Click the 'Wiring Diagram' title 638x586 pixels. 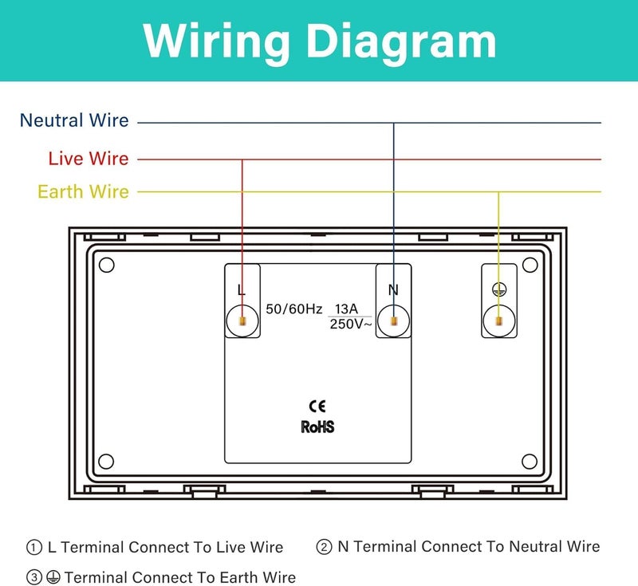(x=320, y=41)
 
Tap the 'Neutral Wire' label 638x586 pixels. (x=74, y=120)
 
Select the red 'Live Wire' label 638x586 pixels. (x=89, y=158)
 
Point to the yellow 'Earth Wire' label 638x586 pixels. (x=84, y=191)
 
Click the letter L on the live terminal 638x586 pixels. (x=242, y=290)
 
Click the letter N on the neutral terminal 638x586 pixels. (x=393, y=290)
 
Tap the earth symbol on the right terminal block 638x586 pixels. (x=499, y=289)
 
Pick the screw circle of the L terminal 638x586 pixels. (x=242, y=321)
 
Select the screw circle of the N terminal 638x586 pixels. (x=393, y=321)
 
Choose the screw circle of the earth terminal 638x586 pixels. (x=499, y=321)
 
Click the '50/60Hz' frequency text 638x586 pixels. (x=293, y=309)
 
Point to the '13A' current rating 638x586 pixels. (x=346, y=309)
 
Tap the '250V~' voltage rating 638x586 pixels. (x=350, y=324)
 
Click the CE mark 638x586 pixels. (x=317, y=406)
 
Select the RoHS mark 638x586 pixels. (x=317, y=427)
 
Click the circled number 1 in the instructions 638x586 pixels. (x=34, y=547)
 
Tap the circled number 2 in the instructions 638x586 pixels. (x=324, y=547)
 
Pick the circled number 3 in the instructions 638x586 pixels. (x=34, y=577)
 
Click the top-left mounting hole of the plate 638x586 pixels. (x=107, y=265)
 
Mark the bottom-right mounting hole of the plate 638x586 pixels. (x=530, y=462)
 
